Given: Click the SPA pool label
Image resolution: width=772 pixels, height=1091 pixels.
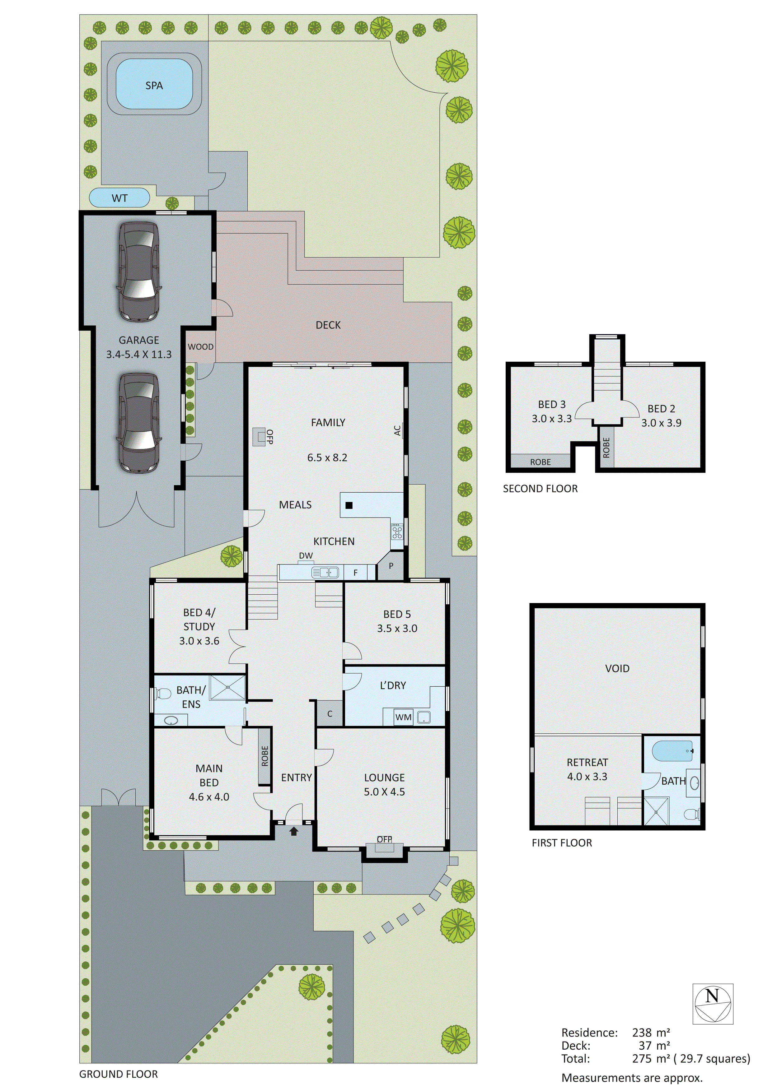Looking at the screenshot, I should click(x=154, y=86).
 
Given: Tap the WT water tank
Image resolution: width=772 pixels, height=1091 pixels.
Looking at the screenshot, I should click(x=119, y=198).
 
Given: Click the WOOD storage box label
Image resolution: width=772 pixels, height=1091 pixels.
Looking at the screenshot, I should click(x=200, y=346).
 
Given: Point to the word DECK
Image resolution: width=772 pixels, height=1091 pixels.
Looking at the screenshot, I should click(x=328, y=325).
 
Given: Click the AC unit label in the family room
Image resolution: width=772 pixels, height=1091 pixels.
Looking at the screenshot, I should click(x=397, y=430).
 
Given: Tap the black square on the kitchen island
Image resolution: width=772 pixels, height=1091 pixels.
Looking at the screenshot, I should click(x=349, y=505).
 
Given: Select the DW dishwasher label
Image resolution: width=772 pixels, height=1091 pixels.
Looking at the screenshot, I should click(x=306, y=555).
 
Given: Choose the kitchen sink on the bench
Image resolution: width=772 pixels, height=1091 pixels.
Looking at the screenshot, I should click(x=325, y=573).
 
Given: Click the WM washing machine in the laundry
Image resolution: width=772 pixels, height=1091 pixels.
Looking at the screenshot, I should click(x=403, y=717).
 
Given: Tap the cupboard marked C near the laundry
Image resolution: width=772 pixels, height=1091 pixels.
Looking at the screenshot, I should click(x=330, y=714).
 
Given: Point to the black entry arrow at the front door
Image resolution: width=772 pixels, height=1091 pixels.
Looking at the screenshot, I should click(x=294, y=831).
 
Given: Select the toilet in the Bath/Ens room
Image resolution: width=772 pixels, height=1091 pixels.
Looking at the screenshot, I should click(x=163, y=694).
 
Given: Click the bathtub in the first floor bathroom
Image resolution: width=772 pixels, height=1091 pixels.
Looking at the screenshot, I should click(x=672, y=751).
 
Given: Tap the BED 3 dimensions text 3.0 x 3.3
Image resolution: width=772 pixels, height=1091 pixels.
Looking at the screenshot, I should click(x=551, y=419).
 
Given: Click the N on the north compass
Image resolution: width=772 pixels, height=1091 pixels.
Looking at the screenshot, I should click(x=712, y=995).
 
